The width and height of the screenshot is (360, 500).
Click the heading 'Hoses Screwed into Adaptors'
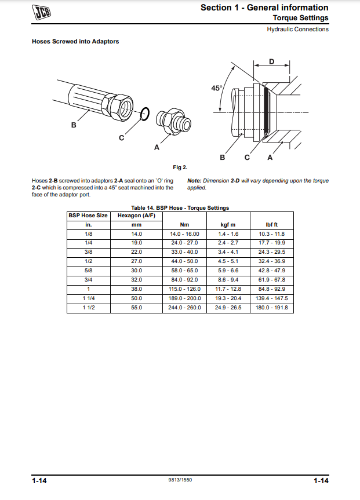[75, 42]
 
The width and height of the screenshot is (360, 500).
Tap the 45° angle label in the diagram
[216, 88]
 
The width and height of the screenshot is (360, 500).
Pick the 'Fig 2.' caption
[180, 168]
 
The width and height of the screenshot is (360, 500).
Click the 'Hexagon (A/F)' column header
[137, 216]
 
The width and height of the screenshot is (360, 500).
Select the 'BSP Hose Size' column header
[89, 216]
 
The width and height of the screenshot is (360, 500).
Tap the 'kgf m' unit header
[228, 224]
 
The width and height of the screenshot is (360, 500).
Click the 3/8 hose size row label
[89, 252]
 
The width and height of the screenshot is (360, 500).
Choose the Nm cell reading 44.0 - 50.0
[184, 261]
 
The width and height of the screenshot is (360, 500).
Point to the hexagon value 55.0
[137, 308]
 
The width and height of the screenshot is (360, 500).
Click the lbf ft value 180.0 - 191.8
[271, 308]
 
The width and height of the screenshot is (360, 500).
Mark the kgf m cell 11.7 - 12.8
[228, 289]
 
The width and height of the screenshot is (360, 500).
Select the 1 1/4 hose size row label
[89, 298]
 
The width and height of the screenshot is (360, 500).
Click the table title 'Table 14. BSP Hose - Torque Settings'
[180, 207]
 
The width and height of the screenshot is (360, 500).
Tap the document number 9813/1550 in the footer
[180, 481]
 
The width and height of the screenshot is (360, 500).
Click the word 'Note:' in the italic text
[194, 181]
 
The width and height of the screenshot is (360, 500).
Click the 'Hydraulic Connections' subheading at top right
[297, 29]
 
